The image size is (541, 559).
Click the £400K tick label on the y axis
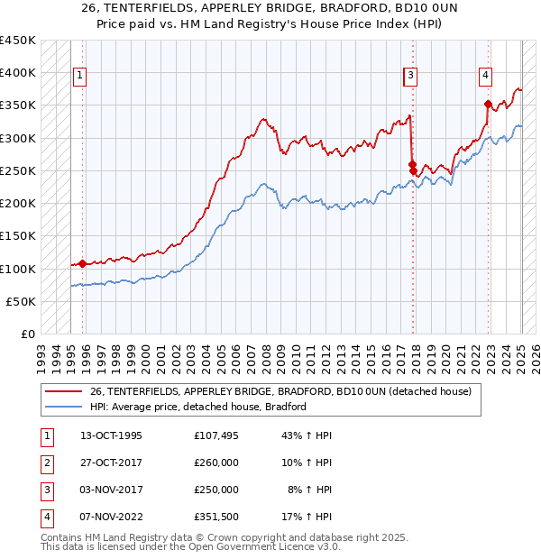(19, 73)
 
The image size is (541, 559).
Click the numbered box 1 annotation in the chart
(80, 76)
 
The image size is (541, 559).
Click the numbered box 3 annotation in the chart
(410, 76)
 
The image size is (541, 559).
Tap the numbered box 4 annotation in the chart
(485, 76)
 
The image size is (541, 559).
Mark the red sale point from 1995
(82, 264)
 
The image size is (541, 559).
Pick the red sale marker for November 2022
(488, 104)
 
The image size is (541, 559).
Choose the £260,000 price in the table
(216, 463)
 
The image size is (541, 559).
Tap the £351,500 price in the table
(216, 517)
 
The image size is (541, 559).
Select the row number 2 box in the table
(46, 463)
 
